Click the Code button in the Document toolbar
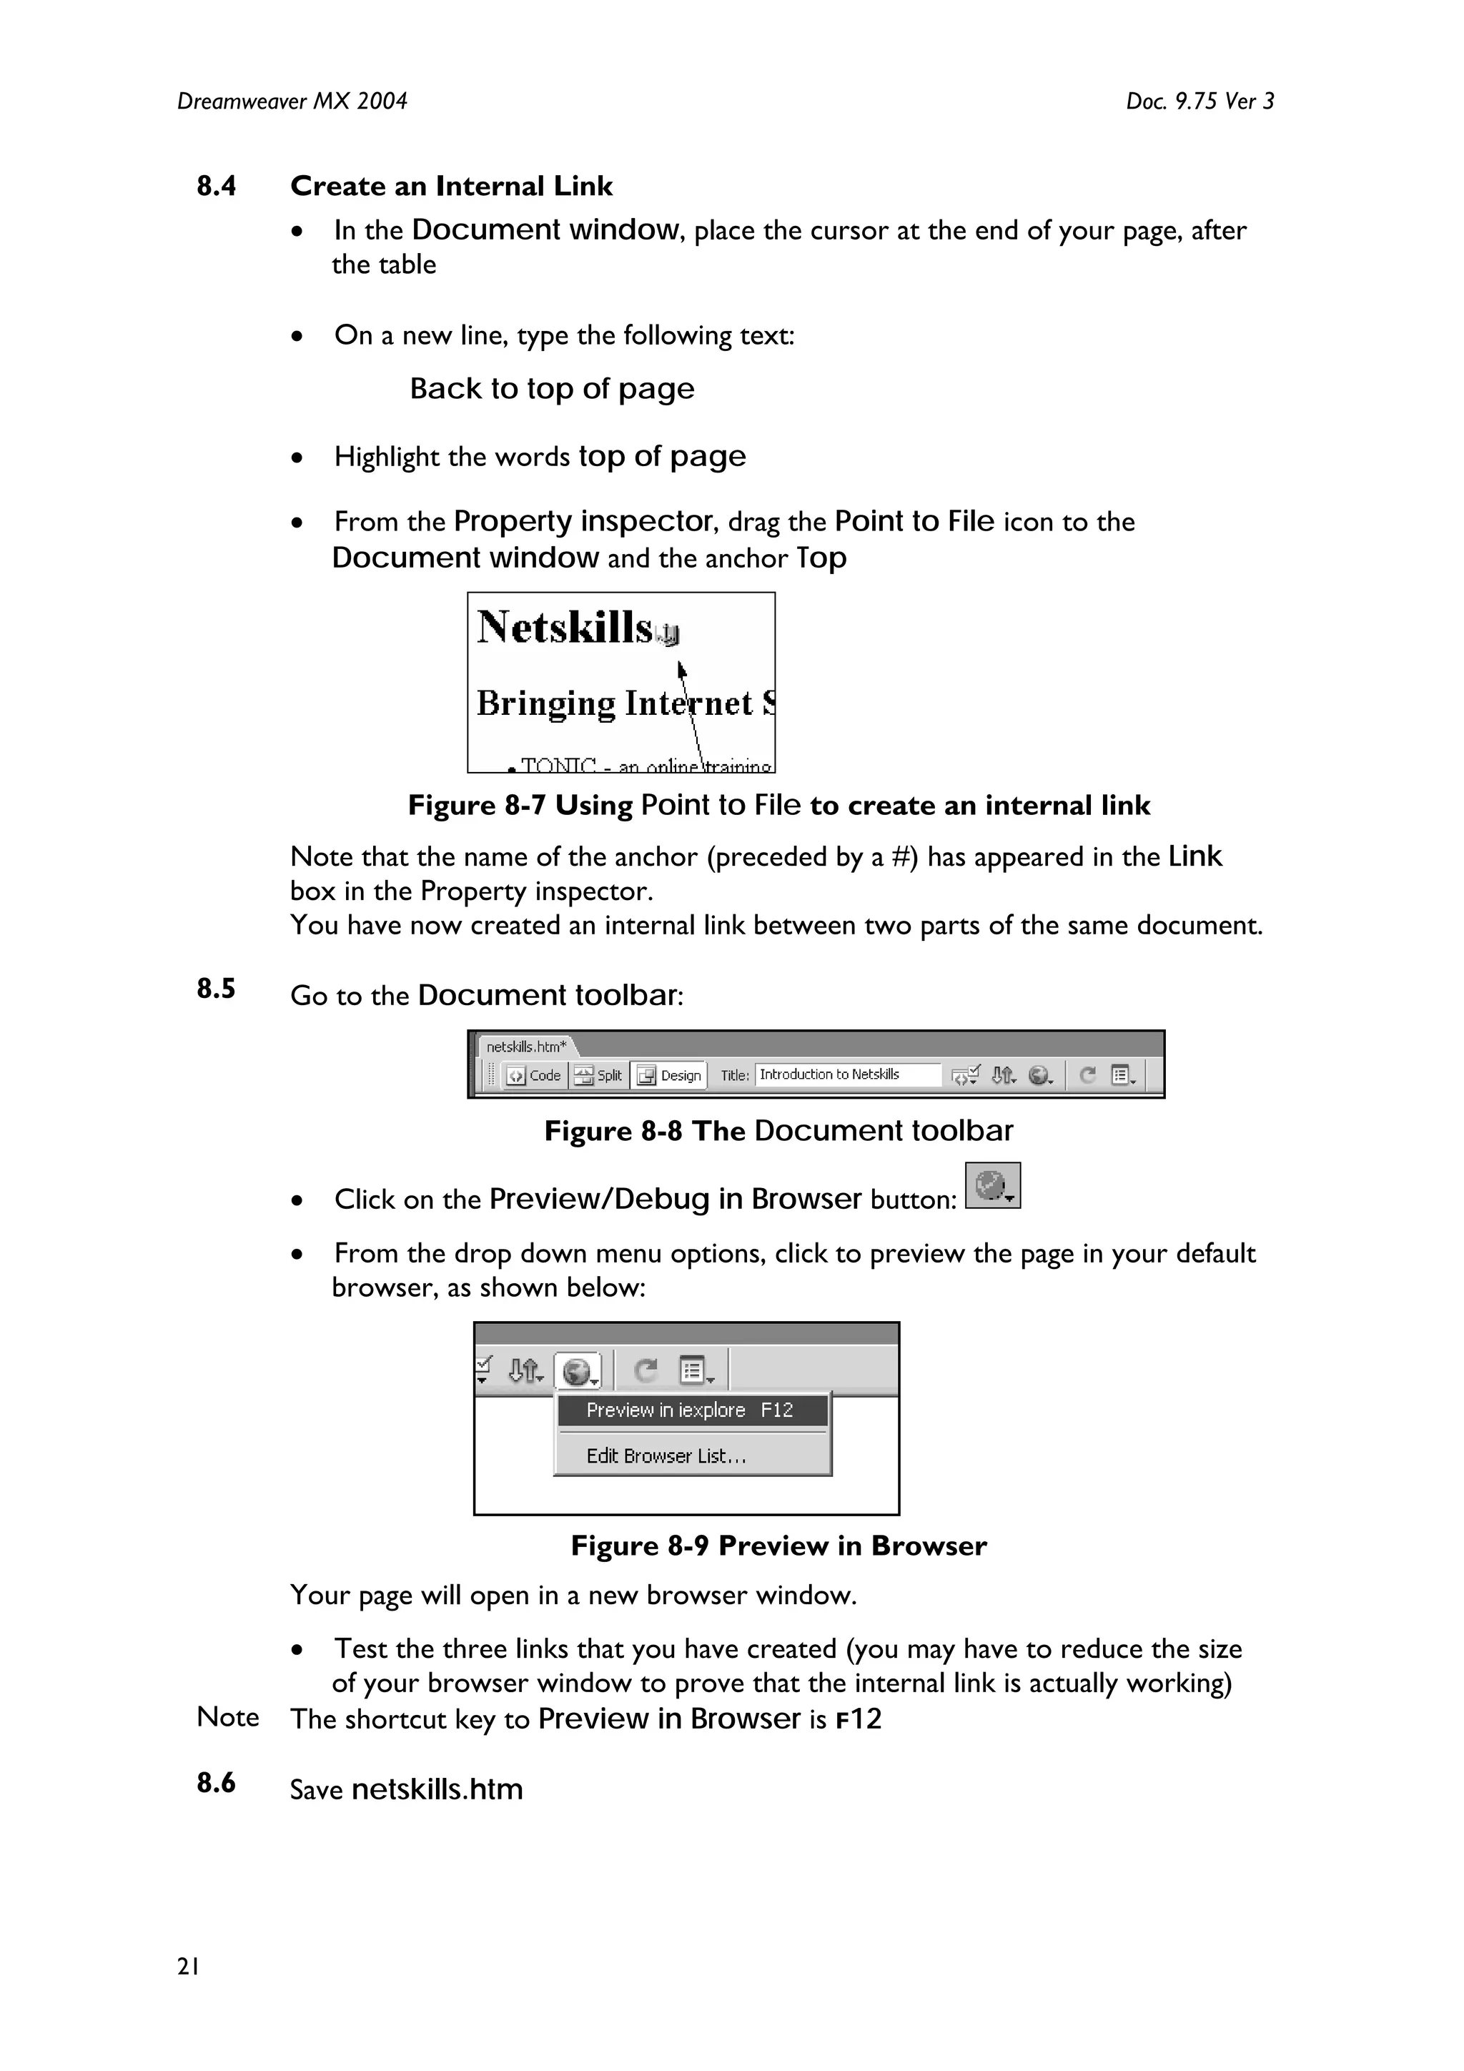pyautogui.click(x=534, y=1075)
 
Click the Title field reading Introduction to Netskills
pyautogui.click(x=846, y=1074)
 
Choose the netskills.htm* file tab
pyautogui.click(x=527, y=1047)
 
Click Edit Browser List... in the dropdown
pyautogui.click(x=667, y=1455)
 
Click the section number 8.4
pyautogui.click(x=217, y=186)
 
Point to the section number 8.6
pyautogui.click(x=217, y=1782)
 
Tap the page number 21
pyautogui.click(x=189, y=1967)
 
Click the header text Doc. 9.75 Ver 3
pyautogui.click(x=1200, y=101)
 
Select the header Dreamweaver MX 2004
pyautogui.click(x=292, y=101)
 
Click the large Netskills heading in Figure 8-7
pyautogui.click(x=565, y=627)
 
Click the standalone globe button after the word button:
pyautogui.click(x=992, y=1185)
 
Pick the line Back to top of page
pyautogui.click(x=552, y=389)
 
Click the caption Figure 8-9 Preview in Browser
pyautogui.click(x=778, y=1546)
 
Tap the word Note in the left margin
pyautogui.click(x=227, y=1716)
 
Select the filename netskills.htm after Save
pyautogui.click(x=437, y=1789)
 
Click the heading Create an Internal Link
pyautogui.click(x=451, y=186)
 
